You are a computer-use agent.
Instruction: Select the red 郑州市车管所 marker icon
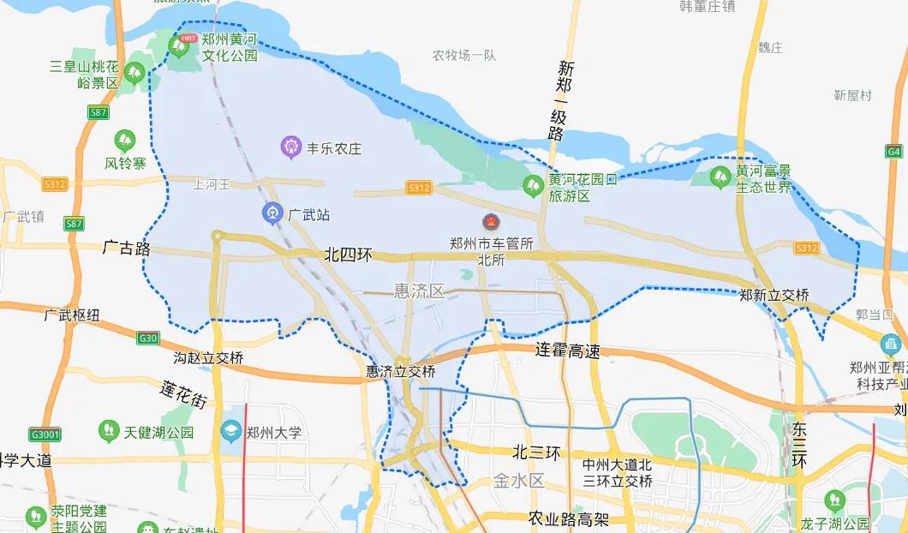pyautogui.click(x=489, y=223)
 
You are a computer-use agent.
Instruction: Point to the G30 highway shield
pyautogui.click(x=148, y=338)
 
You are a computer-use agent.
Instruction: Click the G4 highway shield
pyautogui.click(x=895, y=151)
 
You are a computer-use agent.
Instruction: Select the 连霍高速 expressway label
pyautogui.click(x=567, y=350)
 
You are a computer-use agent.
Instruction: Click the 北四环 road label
pyautogui.click(x=349, y=255)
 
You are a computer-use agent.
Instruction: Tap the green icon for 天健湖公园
pyautogui.click(x=108, y=428)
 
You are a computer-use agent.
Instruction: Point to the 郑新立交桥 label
pyautogui.click(x=774, y=295)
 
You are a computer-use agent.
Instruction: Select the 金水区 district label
pyautogui.click(x=519, y=481)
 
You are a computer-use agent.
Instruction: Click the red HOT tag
pyautogui.click(x=188, y=38)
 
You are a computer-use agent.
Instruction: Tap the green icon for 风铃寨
pyautogui.click(x=125, y=139)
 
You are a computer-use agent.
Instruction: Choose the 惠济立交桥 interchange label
pyautogui.click(x=400, y=372)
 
